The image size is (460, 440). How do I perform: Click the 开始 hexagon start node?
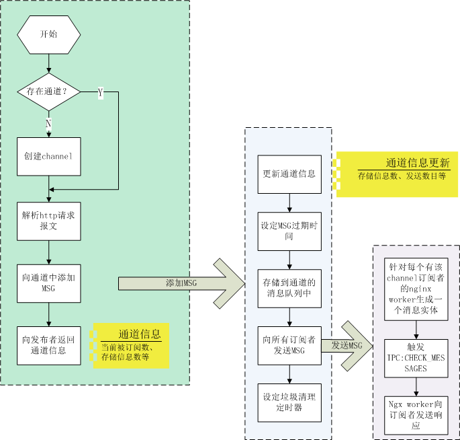point(49,34)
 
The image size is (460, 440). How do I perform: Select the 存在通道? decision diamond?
point(49,91)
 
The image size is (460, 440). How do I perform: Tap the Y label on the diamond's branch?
point(101,93)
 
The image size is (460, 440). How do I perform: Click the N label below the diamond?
point(48,124)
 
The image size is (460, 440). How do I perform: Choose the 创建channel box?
point(49,156)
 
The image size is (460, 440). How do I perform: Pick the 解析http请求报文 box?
point(49,221)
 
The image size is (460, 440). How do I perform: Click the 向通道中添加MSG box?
point(49,283)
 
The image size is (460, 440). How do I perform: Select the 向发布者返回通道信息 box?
point(49,345)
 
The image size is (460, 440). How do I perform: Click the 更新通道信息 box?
point(289,174)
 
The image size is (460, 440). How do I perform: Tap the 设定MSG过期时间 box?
point(289,231)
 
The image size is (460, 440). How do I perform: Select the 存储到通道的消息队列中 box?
point(289,288)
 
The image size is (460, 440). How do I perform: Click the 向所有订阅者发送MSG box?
point(289,345)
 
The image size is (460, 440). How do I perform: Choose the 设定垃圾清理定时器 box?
point(289,402)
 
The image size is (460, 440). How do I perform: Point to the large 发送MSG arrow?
point(349,345)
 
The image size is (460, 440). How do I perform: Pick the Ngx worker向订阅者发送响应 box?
point(416,412)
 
